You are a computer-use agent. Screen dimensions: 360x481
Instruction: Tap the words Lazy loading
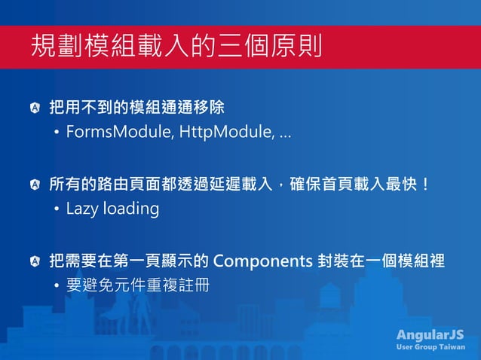pos(112,209)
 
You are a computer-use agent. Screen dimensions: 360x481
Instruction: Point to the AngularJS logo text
pos(430,334)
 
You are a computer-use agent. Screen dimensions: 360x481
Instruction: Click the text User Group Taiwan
pos(430,347)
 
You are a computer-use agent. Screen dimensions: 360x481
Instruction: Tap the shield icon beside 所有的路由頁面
pos(35,184)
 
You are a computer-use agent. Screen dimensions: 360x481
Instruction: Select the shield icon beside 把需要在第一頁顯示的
pos(35,261)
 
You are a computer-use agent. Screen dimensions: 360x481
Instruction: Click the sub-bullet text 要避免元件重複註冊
pos(137,286)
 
